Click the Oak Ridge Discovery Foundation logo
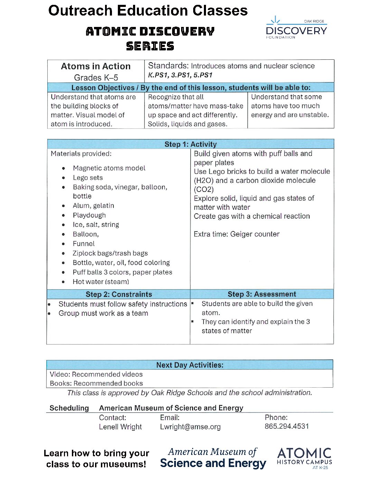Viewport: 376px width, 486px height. [296, 28]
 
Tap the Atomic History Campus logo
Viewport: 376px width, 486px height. [304, 458]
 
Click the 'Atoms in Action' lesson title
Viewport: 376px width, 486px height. [96, 66]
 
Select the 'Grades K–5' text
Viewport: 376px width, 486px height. [96, 78]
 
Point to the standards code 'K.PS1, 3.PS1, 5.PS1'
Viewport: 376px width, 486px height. [180, 75]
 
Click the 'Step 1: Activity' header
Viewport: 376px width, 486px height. [190, 144]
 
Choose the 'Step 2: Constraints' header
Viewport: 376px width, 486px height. [119, 294]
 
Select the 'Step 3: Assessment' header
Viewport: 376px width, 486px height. [262, 294]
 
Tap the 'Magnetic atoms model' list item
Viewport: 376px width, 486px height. [109, 168]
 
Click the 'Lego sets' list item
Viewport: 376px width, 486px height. [88, 178]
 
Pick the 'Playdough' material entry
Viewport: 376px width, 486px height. [89, 215]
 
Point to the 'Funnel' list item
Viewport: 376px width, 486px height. [84, 244]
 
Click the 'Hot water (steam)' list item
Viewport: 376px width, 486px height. [101, 282]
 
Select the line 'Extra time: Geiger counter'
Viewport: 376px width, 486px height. [236, 234]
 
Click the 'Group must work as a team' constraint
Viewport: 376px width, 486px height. [103, 313]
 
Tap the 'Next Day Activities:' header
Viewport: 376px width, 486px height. [190, 365]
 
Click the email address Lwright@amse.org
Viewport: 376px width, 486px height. [190, 427]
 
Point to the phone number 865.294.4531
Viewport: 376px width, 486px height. [286, 426]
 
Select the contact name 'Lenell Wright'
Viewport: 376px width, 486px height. [120, 427]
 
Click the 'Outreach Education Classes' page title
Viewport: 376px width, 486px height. [148, 11]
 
